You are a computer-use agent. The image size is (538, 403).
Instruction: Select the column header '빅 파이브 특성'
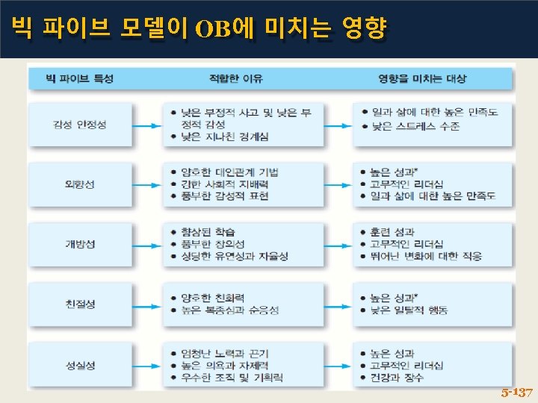80,78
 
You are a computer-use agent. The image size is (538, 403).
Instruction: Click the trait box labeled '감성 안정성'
80,124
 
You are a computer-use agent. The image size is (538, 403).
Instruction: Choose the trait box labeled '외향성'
80,184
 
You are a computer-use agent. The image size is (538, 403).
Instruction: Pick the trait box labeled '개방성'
80,243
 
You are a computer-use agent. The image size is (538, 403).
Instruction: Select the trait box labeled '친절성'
80,303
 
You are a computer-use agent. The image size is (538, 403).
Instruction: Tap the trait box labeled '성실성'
80,365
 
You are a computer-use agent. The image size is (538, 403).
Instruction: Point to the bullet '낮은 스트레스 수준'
415,126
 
